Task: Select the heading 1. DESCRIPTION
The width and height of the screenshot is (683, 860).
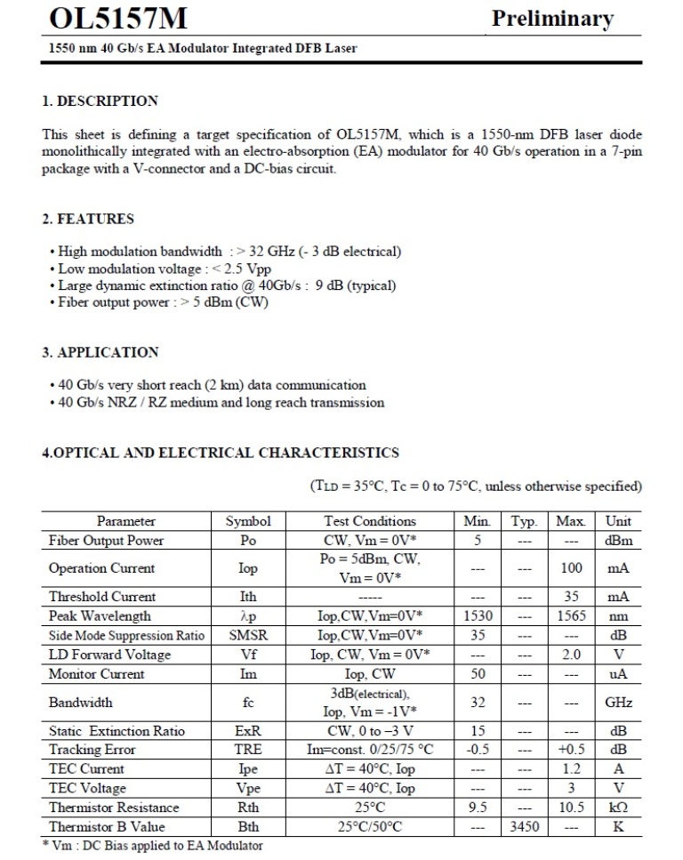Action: point(100,100)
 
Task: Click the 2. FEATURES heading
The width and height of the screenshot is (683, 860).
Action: point(88,219)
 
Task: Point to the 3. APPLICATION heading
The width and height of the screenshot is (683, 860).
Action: point(100,352)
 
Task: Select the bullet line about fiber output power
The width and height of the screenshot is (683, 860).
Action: point(159,301)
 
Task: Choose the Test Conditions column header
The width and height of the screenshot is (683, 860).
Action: point(369,521)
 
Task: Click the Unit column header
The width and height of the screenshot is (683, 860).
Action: point(618,521)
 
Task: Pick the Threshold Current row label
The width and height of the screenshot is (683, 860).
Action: point(102,597)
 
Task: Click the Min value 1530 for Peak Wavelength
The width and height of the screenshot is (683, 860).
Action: point(478,615)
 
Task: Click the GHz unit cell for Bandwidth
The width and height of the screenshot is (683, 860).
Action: point(618,702)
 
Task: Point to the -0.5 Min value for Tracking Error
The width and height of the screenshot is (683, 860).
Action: point(478,750)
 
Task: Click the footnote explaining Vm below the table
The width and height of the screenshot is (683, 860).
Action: point(152,846)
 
